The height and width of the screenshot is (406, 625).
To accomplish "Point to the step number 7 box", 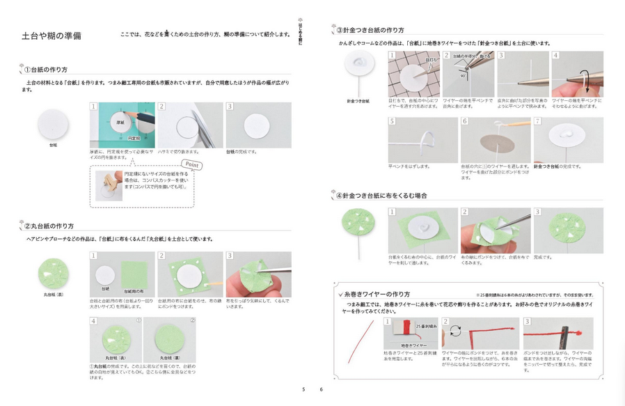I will coord(538,121).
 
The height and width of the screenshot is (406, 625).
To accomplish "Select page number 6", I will coord(321,389).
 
